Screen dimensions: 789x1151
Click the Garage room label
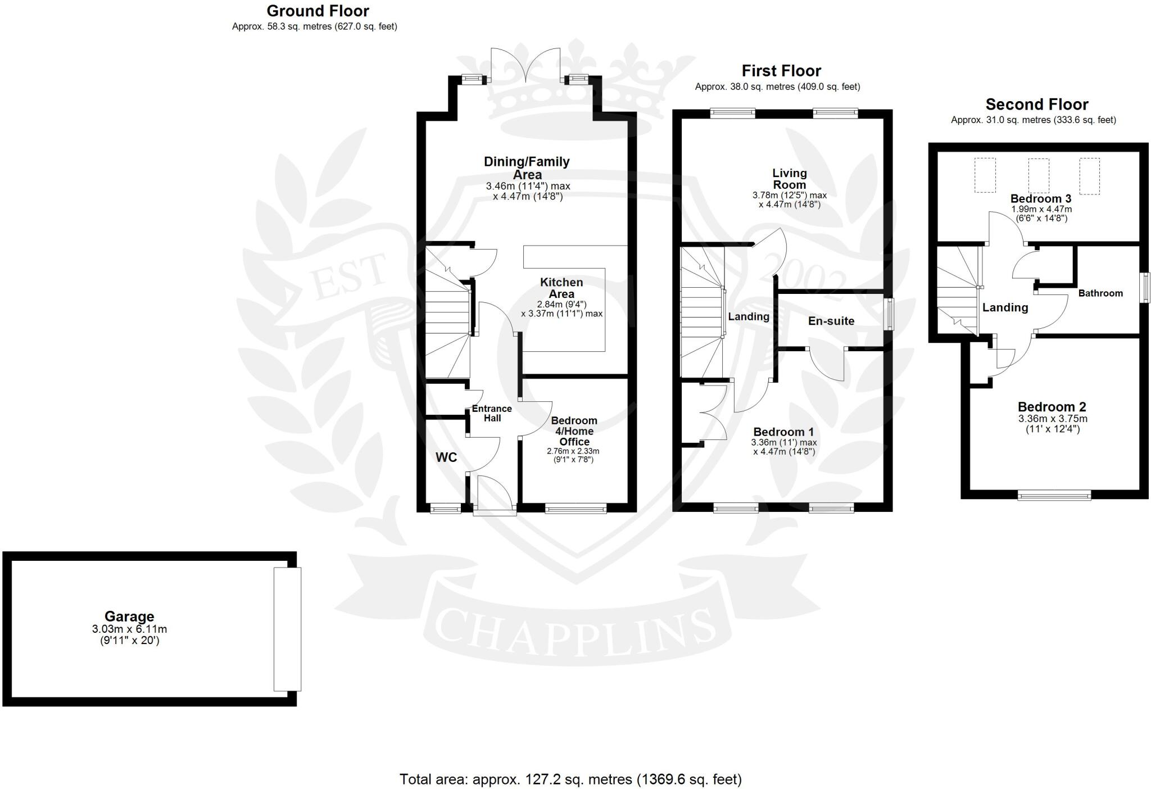click(x=129, y=616)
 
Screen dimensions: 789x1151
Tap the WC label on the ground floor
click(x=446, y=457)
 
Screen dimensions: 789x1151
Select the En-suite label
click(x=831, y=321)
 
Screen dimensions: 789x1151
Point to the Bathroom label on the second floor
click(x=1100, y=293)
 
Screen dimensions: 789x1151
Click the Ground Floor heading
click(x=318, y=11)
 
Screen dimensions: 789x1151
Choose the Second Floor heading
click(x=1036, y=105)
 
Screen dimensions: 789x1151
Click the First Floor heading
click(x=781, y=71)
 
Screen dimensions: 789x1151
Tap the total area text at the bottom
click(x=570, y=779)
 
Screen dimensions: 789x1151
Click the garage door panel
click(x=287, y=629)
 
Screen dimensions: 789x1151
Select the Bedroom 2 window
click(x=1054, y=495)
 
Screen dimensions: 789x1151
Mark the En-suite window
click(x=889, y=314)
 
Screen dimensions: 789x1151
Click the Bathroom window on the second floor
click(x=1144, y=288)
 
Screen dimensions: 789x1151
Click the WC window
click(x=445, y=509)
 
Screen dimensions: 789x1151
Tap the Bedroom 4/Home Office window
click(x=575, y=509)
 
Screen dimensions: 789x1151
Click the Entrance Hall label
click(x=492, y=414)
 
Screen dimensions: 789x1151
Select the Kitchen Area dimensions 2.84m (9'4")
click(x=561, y=304)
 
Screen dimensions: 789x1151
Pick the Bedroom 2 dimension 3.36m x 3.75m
click(x=1052, y=419)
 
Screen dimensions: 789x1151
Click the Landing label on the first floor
click(x=748, y=316)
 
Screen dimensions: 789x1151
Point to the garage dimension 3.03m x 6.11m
click(x=129, y=629)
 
